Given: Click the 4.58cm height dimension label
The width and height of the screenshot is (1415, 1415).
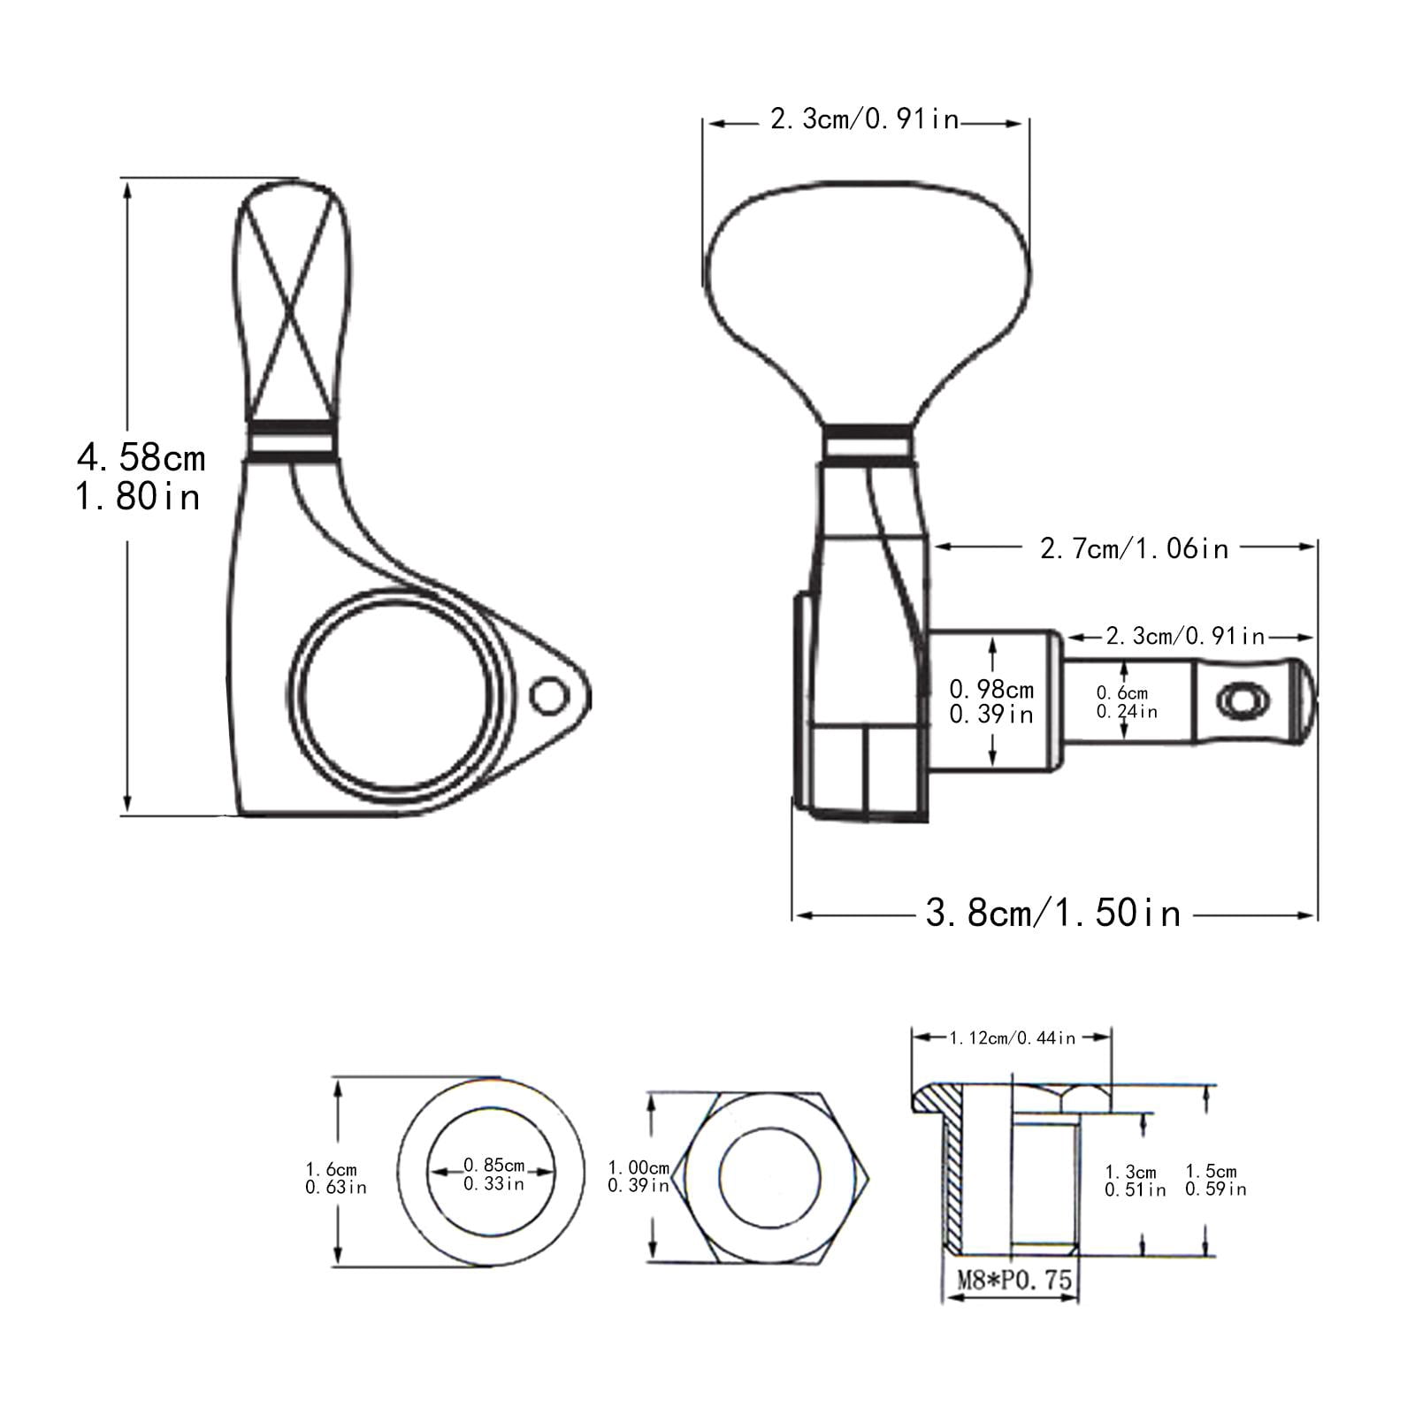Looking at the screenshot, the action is (141, 457).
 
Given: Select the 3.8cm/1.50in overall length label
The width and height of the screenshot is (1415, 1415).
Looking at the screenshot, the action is (1053, 913).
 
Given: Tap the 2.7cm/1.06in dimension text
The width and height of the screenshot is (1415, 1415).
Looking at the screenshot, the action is (1135, 548).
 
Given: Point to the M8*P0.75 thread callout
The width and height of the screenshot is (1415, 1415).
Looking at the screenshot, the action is (1013, 1279).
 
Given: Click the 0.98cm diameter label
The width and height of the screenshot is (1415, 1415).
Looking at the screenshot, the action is (991, 688).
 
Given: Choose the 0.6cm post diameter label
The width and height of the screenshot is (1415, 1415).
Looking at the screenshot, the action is (1122, 693).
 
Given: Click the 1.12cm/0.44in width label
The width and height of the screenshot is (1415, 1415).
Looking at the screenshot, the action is (1013, 1038).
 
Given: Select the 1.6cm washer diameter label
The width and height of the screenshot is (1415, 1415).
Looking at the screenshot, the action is (332, 1170).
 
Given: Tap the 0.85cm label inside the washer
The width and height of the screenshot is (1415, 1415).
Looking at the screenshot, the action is (493, 1166).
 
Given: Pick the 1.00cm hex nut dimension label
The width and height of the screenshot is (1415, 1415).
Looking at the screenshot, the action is (639, 1168).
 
